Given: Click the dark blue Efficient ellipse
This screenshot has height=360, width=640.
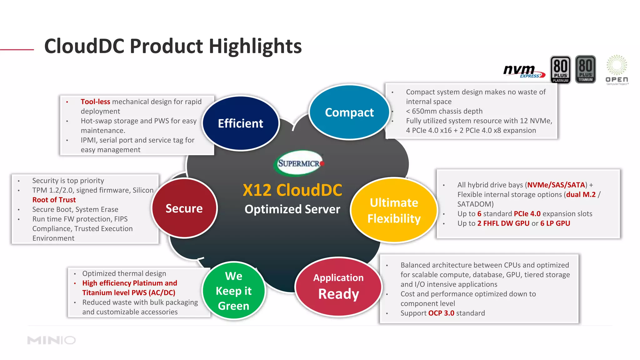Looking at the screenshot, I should pyautogui.click(x=240, y=123).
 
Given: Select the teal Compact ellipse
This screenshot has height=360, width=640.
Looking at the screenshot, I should pyautogui.click(x=349, y=112).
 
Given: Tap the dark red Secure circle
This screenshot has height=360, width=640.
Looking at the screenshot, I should pyautogui.click(x=184, y=208).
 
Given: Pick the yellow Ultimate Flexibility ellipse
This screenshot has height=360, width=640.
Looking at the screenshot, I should pyautogui.click(x=394, y=210).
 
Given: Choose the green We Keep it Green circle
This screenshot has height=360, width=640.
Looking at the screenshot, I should pyautogui.click(x=233, y=291).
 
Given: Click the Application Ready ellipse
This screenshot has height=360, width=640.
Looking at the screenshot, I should pyautogui.click(x=338, y=287).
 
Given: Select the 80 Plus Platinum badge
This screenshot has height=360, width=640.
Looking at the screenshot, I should pyautogui.click(x=560, y=69).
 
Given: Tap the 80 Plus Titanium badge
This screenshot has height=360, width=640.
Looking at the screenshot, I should pyautogui.click(x=585, y=69).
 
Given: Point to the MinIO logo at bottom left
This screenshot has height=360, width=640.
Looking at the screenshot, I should pyautogui.click(x=52, y=340).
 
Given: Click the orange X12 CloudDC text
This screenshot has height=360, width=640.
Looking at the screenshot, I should pyautogui.click(x=292, y=190).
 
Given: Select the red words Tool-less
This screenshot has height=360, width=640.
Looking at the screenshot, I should pyautogui.click(x=95, y=102).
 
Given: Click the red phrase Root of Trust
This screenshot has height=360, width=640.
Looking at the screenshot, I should pyautogui.click(x=54, y=200).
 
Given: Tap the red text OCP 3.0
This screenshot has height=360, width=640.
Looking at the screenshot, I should pyautogui.click(x=441, y=313).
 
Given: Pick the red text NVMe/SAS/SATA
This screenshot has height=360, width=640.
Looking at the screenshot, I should pyautogui.click(x=556, y=185).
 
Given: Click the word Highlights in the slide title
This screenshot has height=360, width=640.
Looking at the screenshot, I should pyautogui.click(x=255, y=46).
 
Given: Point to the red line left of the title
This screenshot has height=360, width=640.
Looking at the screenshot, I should pyautogui.click(x=17, y=49).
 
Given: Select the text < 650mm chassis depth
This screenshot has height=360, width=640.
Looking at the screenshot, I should pyautogui.click(x=444, y=111).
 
